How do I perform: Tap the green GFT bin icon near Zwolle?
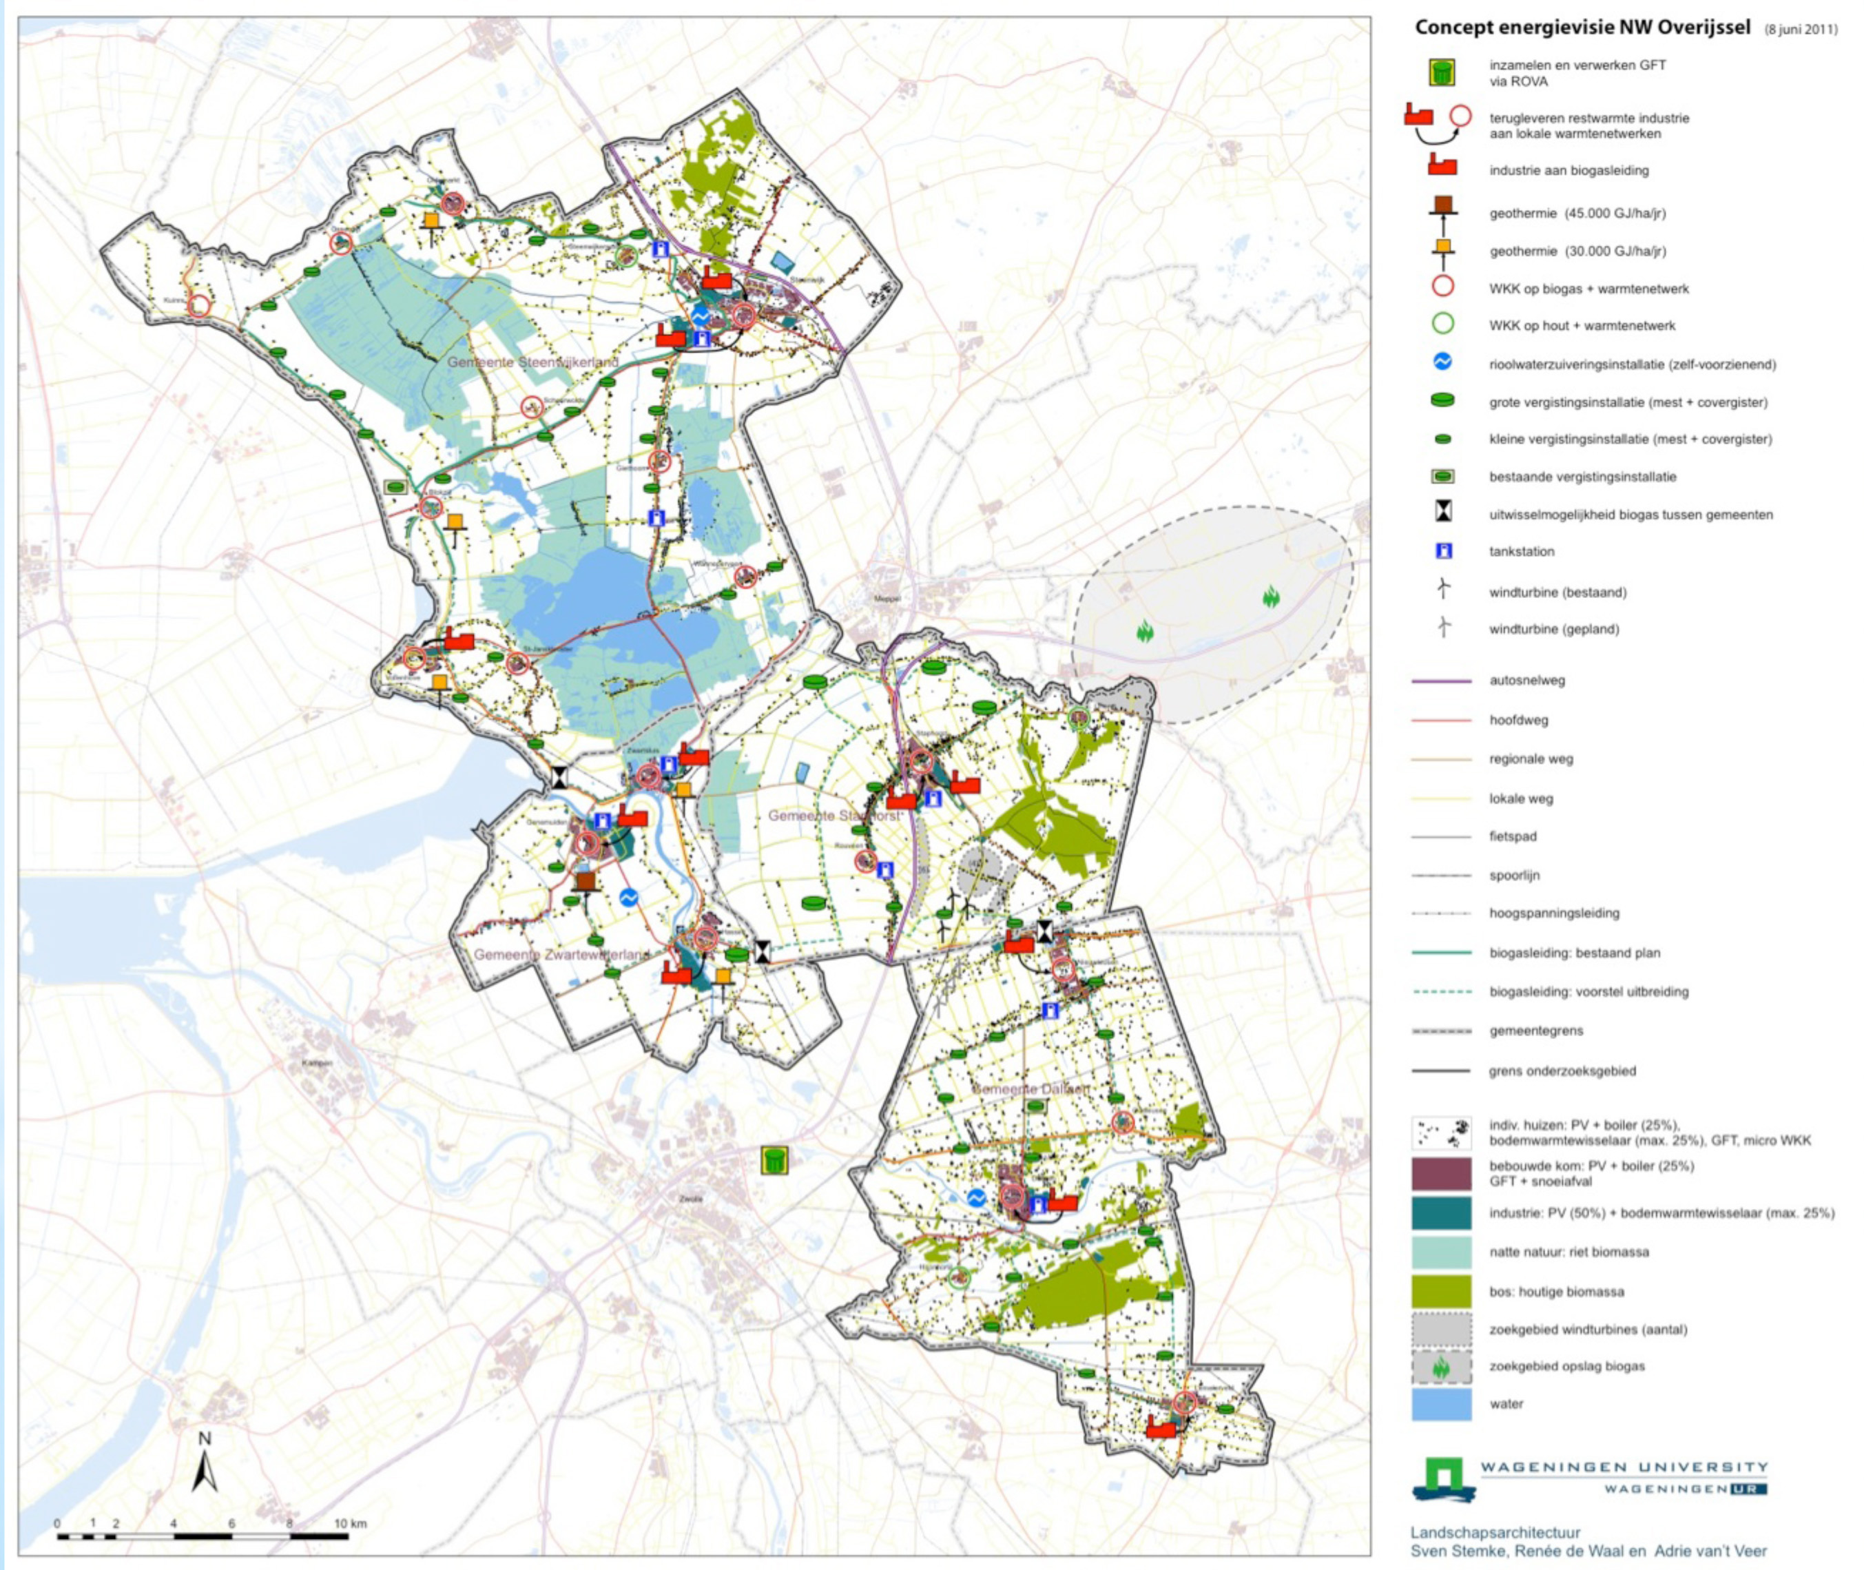pyautogui.click(x=774, y=1159)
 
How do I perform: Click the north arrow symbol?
pyautogui.click(x=205, y=1466)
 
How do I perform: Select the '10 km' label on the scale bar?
pyautogui.click(x=351, y=1524)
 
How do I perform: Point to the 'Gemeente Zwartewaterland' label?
pyautogui.click(x=562, y=955)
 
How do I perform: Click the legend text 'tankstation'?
pyautogui.click(x=1522, y=552)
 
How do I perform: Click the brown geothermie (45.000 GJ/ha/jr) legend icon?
pyautogui.click(x=1442, y=205)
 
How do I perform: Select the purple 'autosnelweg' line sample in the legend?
pyautogui.click(x=1440, y=681)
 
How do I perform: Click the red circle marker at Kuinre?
pyautogui.click(x=199, y=306)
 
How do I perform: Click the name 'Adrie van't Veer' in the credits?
pyautogui.click(x=1710, y=1551)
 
